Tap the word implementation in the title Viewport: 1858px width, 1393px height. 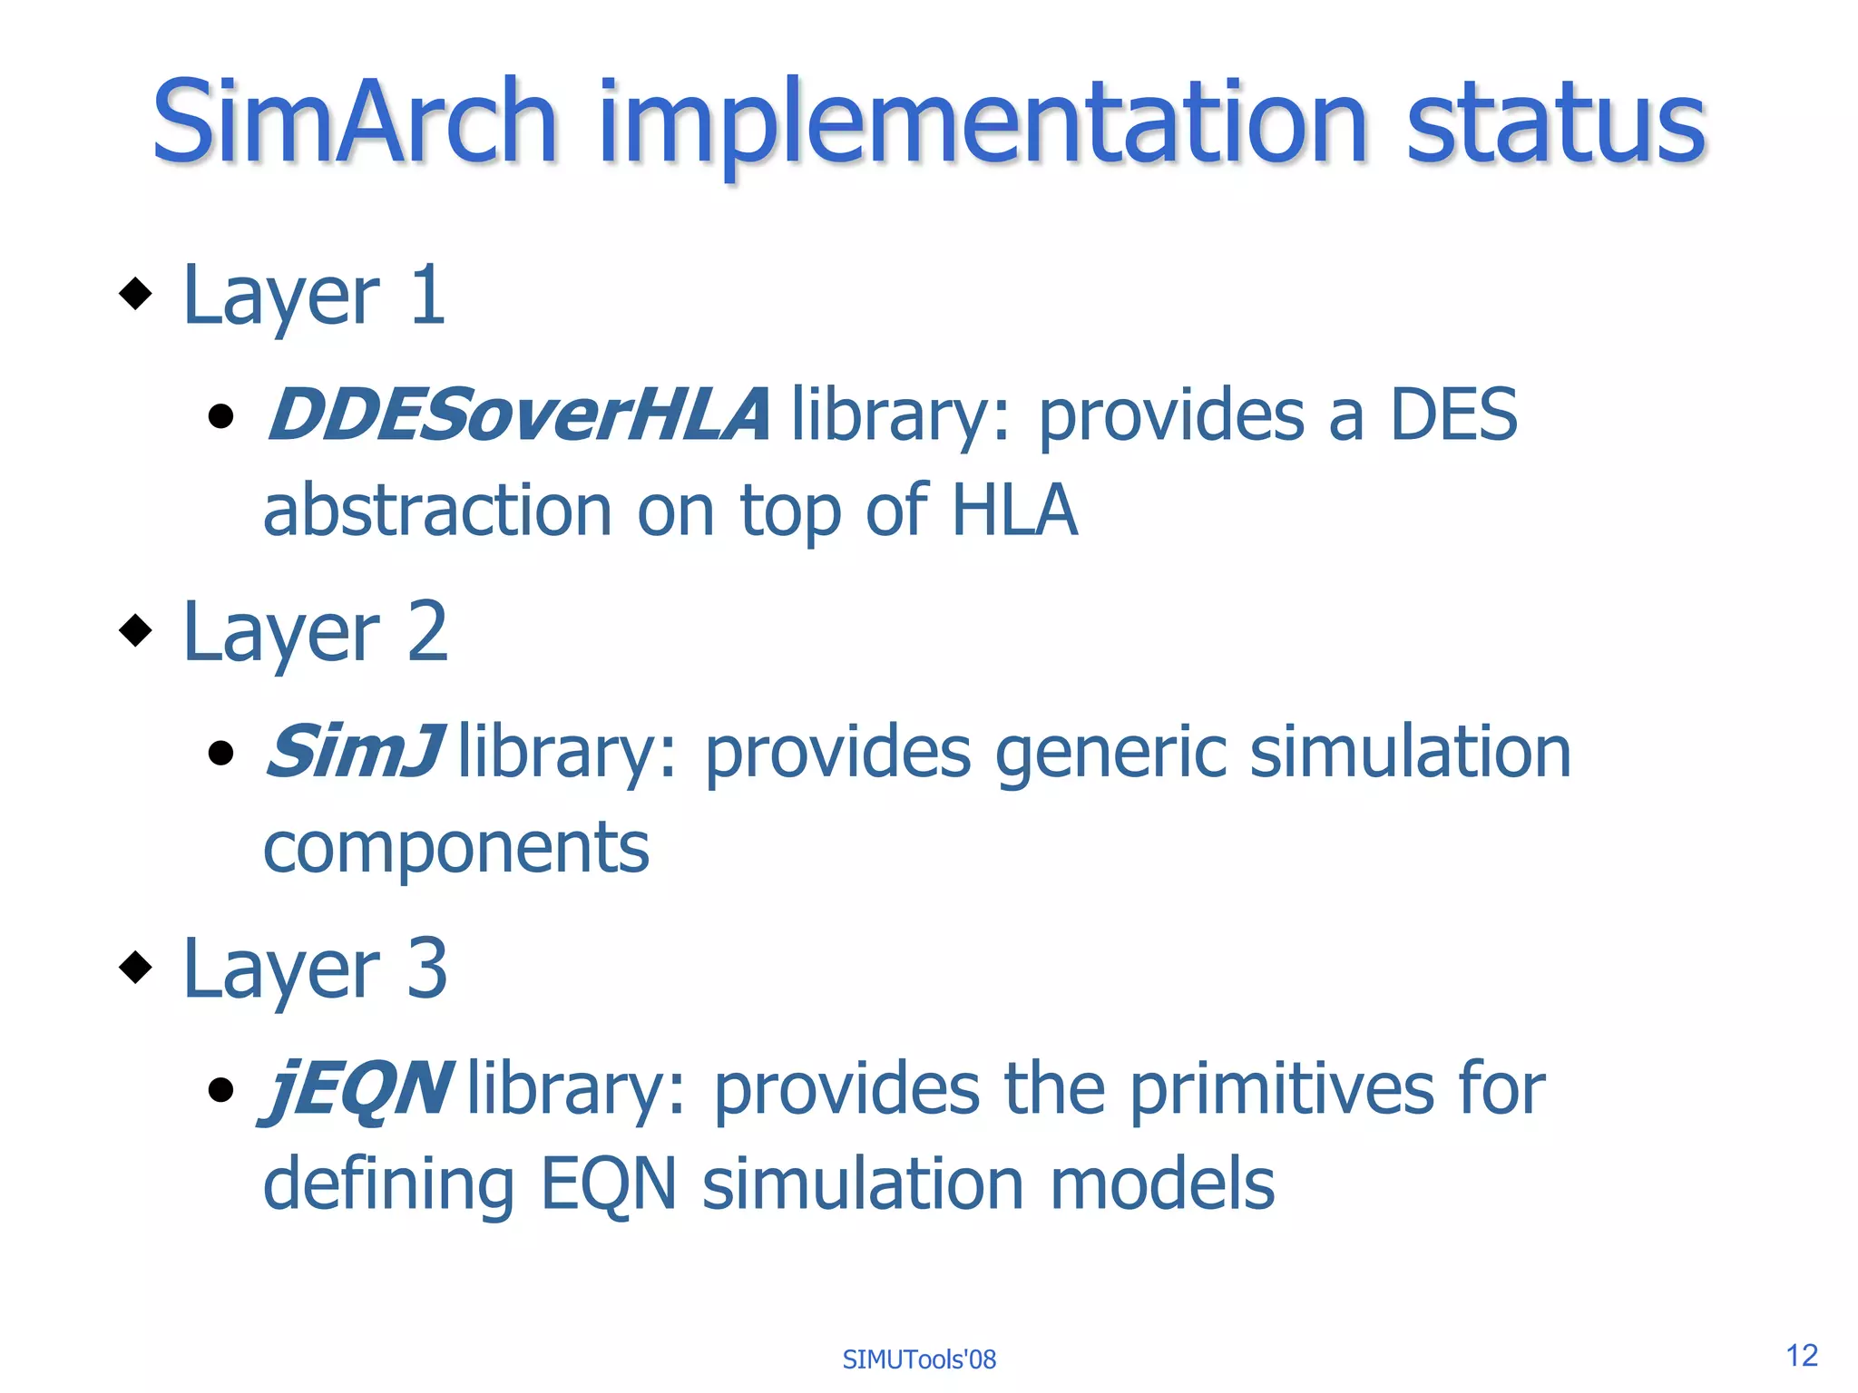click(982, 127)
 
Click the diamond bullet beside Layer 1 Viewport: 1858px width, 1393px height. click(136, 293)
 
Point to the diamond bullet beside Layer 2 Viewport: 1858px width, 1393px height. click(136, 630)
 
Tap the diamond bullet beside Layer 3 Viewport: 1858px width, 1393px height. click(136, 967)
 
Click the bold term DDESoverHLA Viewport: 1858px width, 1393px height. click(518, 415)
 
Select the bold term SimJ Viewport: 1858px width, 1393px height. click(354, 752)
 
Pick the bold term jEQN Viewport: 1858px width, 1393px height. click(356, 1090)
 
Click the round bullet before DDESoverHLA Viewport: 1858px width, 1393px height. click(220, 416)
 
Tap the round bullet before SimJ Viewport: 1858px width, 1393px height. click(220, 753)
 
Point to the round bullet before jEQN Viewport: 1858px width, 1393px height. click(220, 1089)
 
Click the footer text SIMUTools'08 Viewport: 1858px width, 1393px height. click(919, 1359)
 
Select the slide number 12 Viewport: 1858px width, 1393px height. click(1802, 1356)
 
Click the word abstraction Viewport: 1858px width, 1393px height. click(437, 511)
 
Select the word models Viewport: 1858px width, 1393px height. click(1162, 1184)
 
